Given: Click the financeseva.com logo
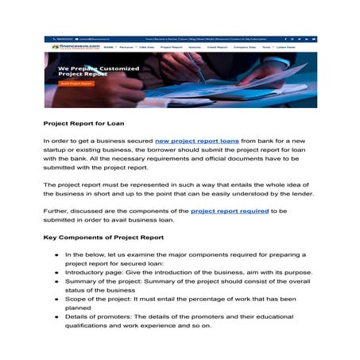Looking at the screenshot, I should (70, 47).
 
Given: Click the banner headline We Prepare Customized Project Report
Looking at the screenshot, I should (99, 72).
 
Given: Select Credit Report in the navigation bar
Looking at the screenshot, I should (217, 48).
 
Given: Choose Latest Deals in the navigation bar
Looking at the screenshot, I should (296, 48).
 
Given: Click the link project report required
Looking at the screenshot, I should (230, 211).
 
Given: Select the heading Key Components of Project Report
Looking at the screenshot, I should (103, 238).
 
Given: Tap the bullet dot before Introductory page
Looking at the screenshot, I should (57, 271).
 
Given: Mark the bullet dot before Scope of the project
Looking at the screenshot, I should (57, 298).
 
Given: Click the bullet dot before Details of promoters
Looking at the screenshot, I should (57, 316).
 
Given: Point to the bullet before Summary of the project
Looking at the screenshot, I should (57, 281).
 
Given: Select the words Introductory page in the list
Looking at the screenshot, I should (95, 271).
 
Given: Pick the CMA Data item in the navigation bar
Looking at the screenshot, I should (146, 48).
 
